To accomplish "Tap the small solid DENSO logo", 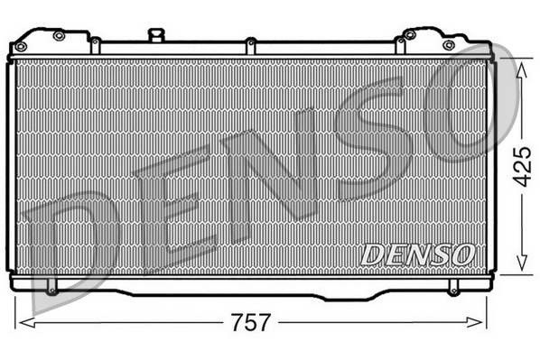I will [x=417, y=254].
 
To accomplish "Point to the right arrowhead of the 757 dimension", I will [x=479, y=323].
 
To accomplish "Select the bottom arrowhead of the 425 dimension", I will [x=520, y=267].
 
